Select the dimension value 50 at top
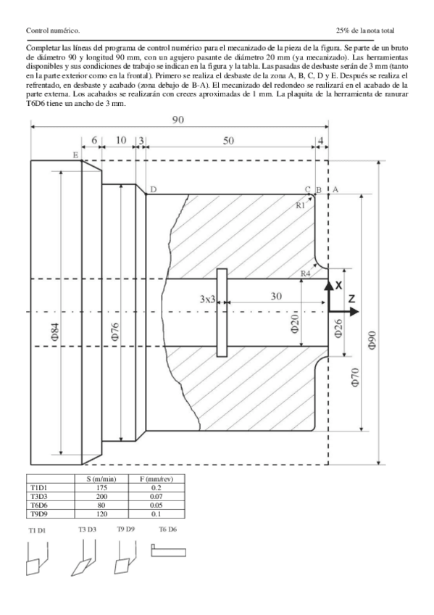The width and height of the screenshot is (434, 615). click(228, 141)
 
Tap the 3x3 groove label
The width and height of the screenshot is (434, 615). click(207, 299)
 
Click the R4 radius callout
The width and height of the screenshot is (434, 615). click(305, 273)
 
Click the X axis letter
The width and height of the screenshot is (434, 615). click(338, 286)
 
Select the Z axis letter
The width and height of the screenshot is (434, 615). click(351, 299)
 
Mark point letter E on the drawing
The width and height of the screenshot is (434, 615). click(75, 155)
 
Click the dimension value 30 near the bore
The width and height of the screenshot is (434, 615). click(276, 296)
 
